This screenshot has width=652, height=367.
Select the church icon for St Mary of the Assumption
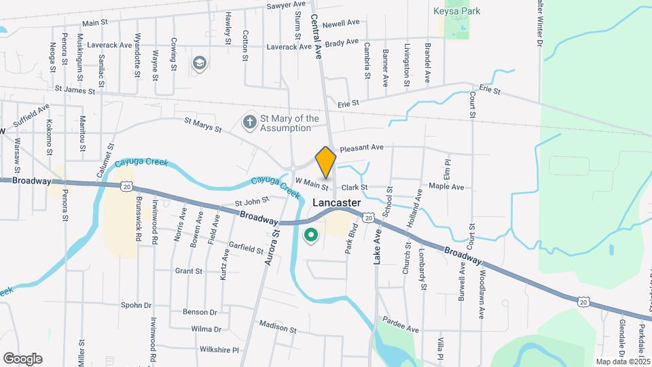pyautogui.click(x=250, y=123)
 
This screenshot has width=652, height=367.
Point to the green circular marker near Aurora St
pyautogui.click(x=311, y=236)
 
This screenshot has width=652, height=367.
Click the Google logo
pyautogui.click(x=22, y=358)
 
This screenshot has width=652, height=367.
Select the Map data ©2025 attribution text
pyautogui.click(x=623, y=362)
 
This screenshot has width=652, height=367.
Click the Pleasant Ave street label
pyautogui.click(x=362, y=147)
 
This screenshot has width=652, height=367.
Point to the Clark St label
pyautogui.click(x=355, y=187)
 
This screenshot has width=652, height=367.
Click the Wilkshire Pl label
pyautogui.click(x=217, y=350)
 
